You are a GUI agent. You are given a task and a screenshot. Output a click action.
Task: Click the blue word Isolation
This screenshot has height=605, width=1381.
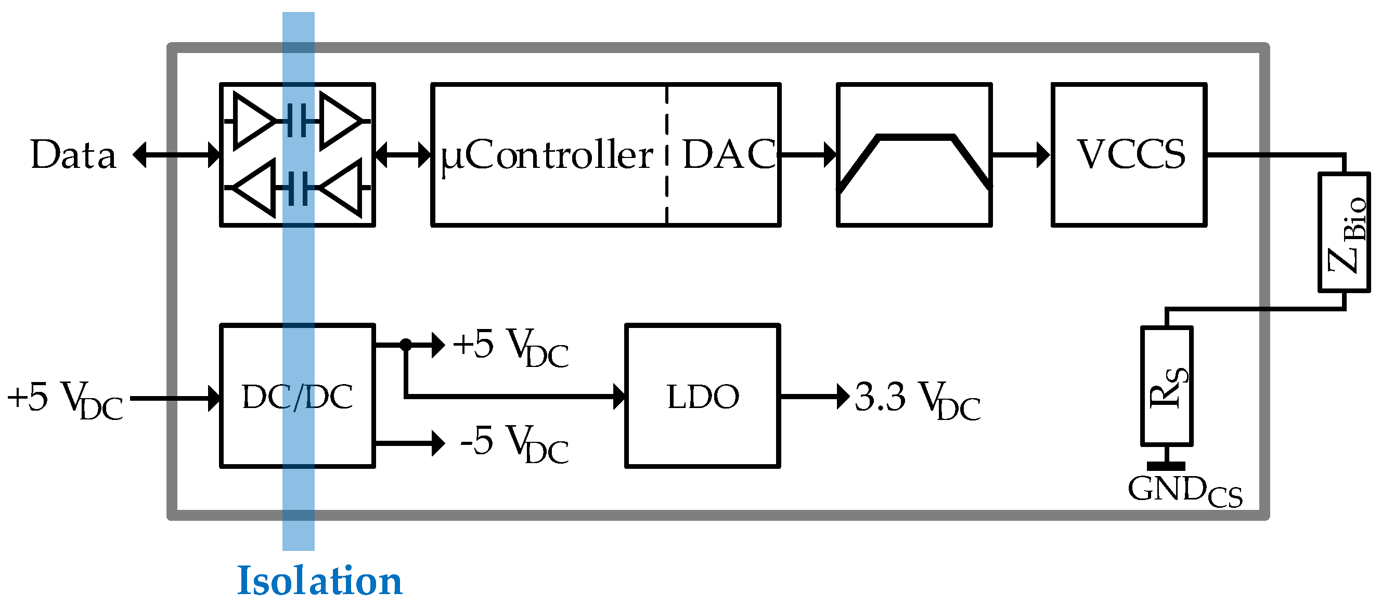point(319,581)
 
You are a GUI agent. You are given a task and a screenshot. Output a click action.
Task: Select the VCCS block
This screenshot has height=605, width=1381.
point(1129,154)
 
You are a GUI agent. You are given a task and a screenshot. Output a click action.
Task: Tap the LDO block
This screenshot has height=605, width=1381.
point(702,397)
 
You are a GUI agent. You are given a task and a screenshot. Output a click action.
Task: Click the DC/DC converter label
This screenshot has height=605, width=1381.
point(298,397)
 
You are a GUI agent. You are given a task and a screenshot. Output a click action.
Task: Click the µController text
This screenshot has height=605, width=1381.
point(547,155)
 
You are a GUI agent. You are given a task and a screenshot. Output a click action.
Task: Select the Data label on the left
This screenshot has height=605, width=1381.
point(73,155)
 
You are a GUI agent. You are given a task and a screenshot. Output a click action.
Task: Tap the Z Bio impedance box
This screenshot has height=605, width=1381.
point(1344,232)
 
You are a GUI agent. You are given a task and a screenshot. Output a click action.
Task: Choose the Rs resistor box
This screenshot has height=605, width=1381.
point(1167,386)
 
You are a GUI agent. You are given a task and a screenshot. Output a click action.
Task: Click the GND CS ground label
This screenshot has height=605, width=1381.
point(1185,491)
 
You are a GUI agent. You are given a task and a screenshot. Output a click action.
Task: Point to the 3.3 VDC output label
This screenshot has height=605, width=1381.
point(917,399)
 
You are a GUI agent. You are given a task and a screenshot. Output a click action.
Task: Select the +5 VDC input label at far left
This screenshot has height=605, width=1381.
point(64,399)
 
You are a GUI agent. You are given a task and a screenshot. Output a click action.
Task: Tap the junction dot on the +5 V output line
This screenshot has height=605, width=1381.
point(406,345)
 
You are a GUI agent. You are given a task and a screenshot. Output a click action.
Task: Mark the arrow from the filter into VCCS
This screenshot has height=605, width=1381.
point(1021,155)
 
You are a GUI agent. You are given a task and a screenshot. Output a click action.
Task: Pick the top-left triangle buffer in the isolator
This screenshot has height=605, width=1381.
point(252,121)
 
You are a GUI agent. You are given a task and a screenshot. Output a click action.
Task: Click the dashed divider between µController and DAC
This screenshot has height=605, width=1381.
point(667,154)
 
